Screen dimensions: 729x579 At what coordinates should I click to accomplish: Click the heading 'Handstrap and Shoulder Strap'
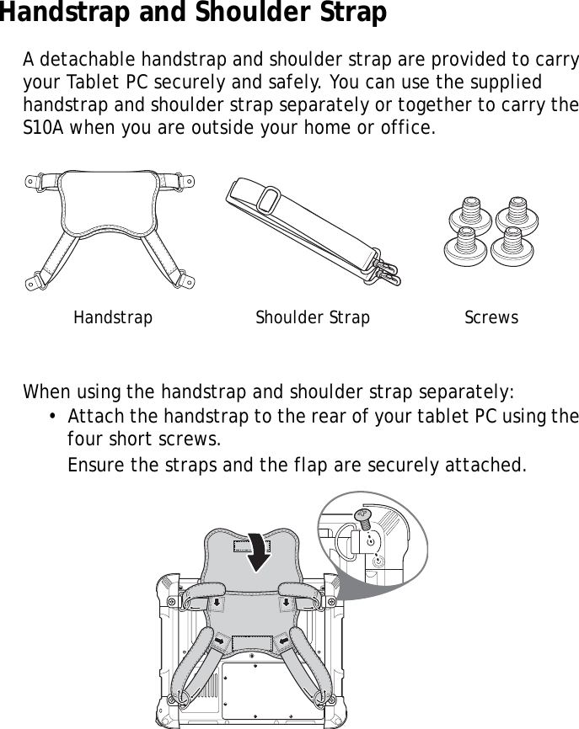click(194, 13)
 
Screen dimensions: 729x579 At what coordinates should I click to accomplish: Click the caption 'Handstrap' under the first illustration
click(113, 318)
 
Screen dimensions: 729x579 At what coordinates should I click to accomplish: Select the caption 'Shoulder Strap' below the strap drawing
click(313, 318)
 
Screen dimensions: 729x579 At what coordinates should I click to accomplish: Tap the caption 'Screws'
click(491, 318)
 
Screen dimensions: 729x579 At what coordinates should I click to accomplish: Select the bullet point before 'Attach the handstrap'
click(53, 418)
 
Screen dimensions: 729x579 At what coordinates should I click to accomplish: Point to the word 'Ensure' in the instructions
click(94, 465)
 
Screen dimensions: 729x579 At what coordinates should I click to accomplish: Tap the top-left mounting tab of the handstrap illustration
click(35, 180)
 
